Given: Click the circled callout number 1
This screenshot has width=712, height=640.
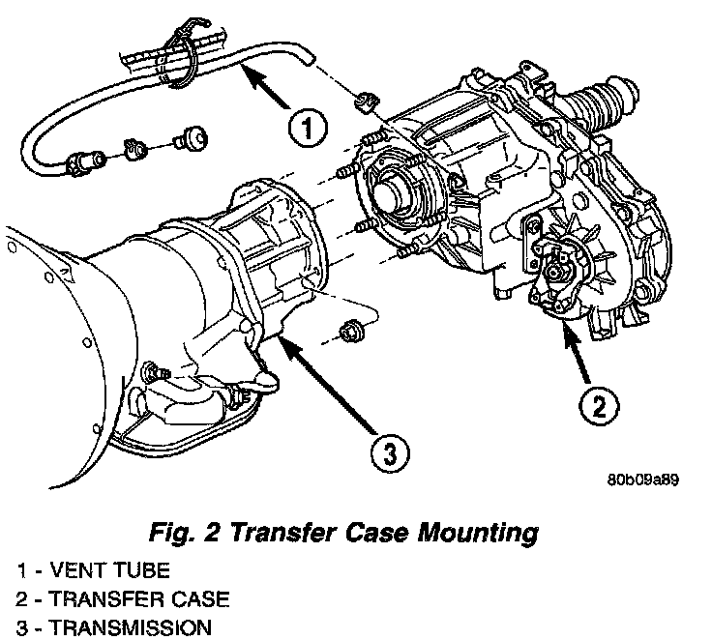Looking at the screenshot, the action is click(x=304, y=128).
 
